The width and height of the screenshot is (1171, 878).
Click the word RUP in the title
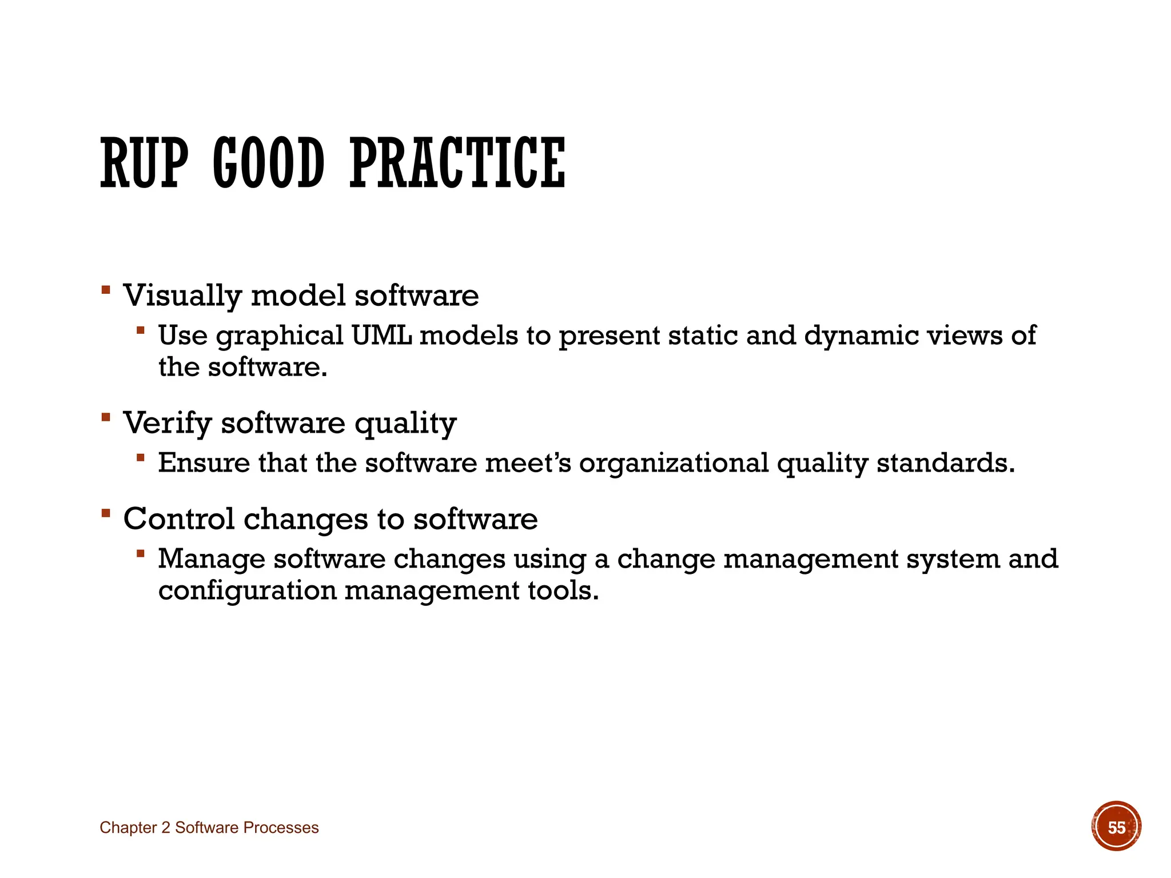[144, 163]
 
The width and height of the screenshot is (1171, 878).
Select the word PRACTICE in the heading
[457, 163]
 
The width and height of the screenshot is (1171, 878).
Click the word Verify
[168, 424]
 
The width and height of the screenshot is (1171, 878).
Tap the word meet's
[528, 463]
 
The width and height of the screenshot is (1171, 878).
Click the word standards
[945, 463]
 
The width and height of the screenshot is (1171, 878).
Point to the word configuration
[247, 591]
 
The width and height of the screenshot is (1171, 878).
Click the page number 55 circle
[1116, 827]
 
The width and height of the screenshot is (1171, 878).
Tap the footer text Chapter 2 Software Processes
[209, 828]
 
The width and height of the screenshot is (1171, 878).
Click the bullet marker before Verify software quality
[105, 417]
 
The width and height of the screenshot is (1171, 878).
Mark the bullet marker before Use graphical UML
[141, 330]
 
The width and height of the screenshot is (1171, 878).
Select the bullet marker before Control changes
[105, 512]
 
